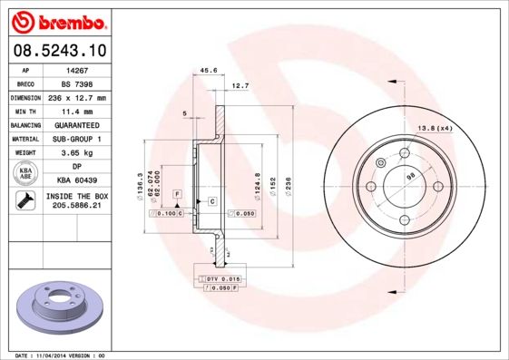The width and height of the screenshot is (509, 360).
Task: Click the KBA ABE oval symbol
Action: point(25,173)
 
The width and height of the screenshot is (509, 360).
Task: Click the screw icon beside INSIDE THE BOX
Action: point(25,200)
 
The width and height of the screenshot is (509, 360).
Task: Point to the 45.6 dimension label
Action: point(208,69)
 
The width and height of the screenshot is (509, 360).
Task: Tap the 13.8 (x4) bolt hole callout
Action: point(434,128)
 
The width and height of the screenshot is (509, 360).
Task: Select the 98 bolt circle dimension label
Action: point(410,176)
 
